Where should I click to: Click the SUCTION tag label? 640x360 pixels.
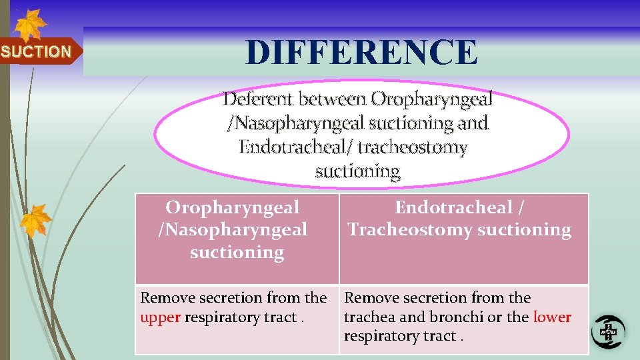click(36, 51)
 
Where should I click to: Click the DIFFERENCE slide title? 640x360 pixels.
click(361, 52)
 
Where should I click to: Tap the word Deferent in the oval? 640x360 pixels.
click(258, 99)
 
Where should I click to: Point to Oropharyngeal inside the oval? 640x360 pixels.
click(431, 99)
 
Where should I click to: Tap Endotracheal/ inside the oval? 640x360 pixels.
click(296, 147)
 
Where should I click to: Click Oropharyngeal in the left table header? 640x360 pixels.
click(232, 207)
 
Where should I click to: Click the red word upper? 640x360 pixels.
click(160, 317)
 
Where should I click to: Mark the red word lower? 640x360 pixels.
click(551, 317)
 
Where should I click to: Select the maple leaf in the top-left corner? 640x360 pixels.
click(30, 25)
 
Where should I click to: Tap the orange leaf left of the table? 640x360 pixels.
click(35, 220)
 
